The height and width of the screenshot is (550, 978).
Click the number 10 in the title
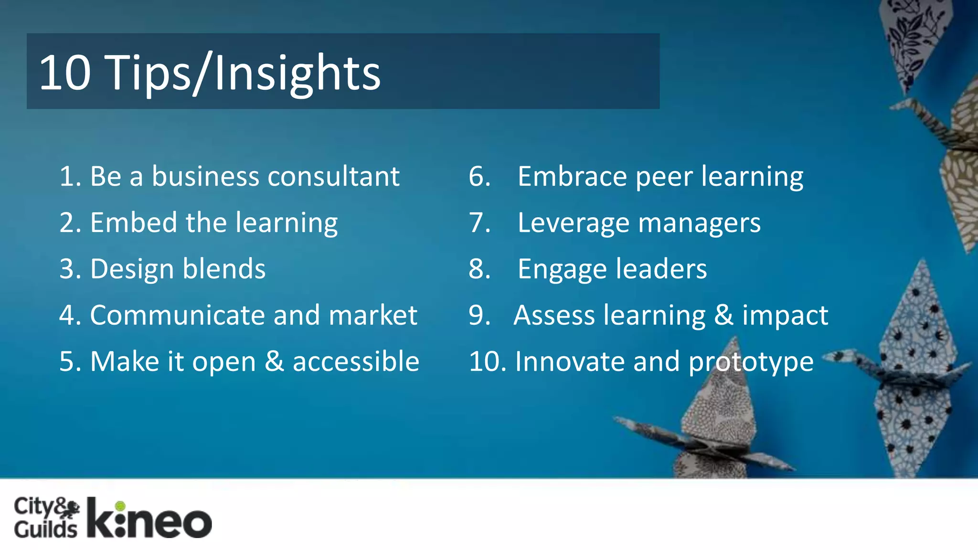coord(65,73)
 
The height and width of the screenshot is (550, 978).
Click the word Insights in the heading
coord(297,73)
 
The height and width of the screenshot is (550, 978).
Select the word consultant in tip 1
coord(333,176)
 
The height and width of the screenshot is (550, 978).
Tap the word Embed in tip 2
coord(133,222)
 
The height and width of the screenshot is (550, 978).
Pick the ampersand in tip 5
coord(274,361)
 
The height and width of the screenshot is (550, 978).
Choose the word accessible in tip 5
coord(356,361)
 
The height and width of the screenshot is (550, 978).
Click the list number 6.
coord(479,176)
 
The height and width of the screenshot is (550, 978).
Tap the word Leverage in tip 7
coord(573,223)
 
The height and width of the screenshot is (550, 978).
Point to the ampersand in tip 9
coord(724,315)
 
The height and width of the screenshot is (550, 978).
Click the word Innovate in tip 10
coord(569,361)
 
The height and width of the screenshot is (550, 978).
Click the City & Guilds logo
coord(46,518)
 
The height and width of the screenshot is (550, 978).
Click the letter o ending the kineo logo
coord(195,524)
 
